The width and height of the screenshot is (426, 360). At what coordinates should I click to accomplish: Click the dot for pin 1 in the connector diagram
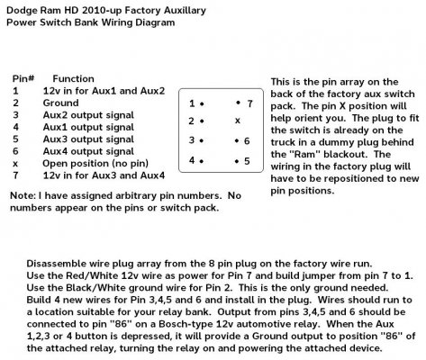click(202, 104)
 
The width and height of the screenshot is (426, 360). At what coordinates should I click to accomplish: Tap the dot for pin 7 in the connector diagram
click(238, 103)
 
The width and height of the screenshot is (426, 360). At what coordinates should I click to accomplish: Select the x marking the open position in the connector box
click(238, 121)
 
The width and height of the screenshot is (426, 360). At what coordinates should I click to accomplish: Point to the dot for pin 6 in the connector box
click(237, 140)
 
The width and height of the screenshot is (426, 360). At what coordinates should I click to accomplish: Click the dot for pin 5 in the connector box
click(237, 161)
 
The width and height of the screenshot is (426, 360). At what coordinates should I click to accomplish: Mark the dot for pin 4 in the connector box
click(202, 161)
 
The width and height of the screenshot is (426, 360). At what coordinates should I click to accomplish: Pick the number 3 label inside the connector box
click(192, 139)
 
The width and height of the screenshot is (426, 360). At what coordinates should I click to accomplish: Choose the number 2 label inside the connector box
click(192, 121)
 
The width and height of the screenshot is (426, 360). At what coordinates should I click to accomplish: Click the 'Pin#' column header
click(23, 79)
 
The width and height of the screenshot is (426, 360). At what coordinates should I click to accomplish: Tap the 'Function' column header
click(74, 79)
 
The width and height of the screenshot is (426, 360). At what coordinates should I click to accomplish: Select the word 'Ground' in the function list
click(61, 103)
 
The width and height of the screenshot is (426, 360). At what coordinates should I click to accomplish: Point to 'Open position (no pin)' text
click(95, 164)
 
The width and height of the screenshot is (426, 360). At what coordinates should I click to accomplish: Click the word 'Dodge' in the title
click(20, 11)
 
